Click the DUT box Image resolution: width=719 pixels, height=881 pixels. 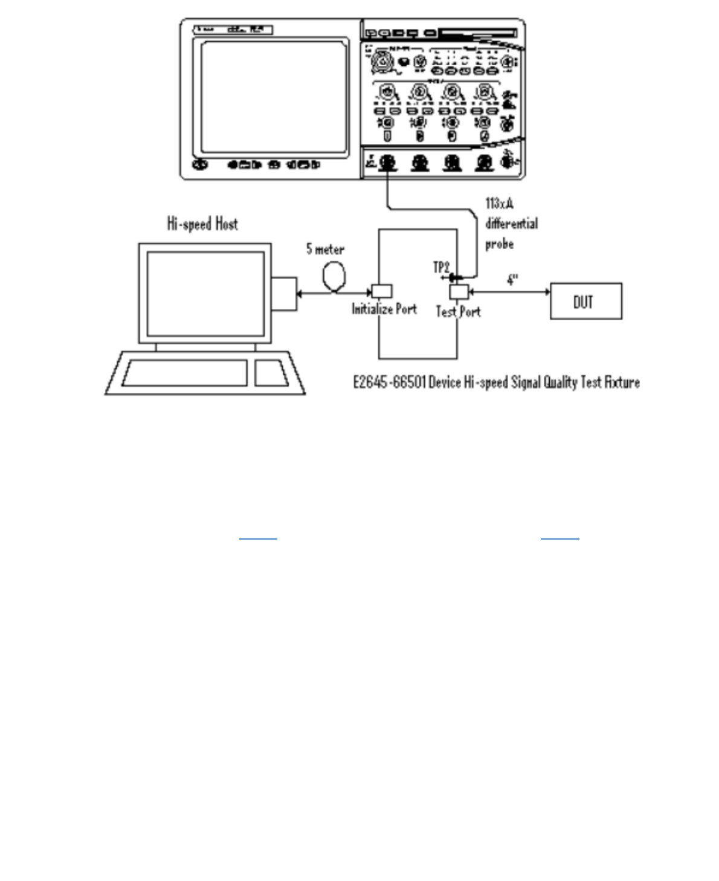pyautogui.click(x=585, y=301)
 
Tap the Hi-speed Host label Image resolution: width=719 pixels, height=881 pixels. pyautogui.click(x=202, y=224)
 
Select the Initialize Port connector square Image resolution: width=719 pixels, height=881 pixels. pyautogui.click(x=382, y=291)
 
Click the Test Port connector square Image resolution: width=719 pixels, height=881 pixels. pyautogui.click(x=459, y=292)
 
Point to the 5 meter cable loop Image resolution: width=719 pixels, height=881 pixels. pyautogui.click(x=334, y=277)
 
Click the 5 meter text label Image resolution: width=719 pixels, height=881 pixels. pyautogui.click(x=325, y=249)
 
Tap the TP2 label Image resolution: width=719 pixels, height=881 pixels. pyautogui.click(x=441, y=267)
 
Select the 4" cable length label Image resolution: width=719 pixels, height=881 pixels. pyautogui.click(x=512, y=279)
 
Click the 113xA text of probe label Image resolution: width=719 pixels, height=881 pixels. pyautogui.click(x=499, y=203)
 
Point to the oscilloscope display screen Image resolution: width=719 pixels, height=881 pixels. pyautogui.click(x=274, y=97)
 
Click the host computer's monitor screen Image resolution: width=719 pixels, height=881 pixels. pyautogui.click(x=205, y=294)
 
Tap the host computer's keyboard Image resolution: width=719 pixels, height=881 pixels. pyautogui.click(x=185, y=373)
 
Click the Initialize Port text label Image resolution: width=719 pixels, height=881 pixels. pyautogui.click(x=384, y=309)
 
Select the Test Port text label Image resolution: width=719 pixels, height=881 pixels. pyautogui.click(x=458, y=312)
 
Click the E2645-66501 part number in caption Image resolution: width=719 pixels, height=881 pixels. pyautogui.click(x=390, y=382)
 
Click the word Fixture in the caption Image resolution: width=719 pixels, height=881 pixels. pyautogui.click(x=622, y=382)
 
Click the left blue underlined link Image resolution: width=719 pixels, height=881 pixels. pyautogui.click(x=258, y=537)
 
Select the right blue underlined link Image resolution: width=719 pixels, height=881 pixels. pyautogui.click(x=559, y=537)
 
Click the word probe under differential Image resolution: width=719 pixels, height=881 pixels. pyautogui.click(x=499, y=244)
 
